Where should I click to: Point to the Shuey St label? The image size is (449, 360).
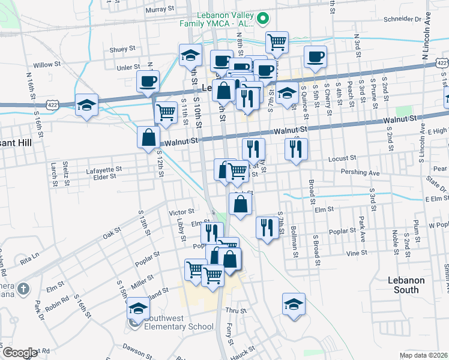click(x=124, y=50)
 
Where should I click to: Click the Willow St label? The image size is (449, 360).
click(x=47, y=64)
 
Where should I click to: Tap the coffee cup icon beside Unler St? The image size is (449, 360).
click(x=148, y=81)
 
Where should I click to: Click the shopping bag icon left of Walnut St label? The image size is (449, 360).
click(x=148, y=137)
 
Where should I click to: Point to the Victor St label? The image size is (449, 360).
click(x=182, y=212)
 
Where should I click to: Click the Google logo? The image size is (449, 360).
click(x=20, y=353)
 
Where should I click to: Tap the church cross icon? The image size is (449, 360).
click(x=23, y=289)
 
